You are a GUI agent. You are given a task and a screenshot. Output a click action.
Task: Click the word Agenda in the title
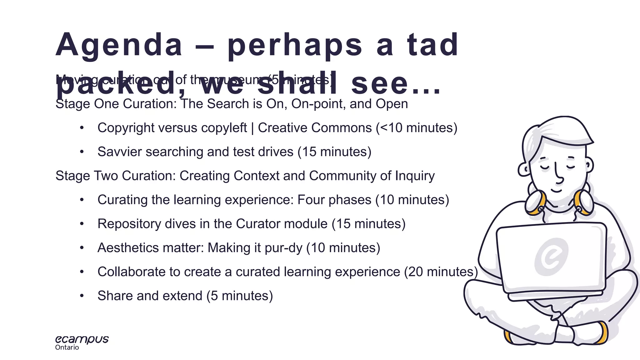[119, 45]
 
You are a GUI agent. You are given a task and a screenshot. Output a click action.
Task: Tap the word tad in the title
[432, 45]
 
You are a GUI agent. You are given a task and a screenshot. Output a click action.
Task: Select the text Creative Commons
[315, 128]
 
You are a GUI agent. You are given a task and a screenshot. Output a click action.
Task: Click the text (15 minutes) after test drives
[334, 152]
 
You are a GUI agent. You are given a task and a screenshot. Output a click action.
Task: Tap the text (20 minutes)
[441, 272]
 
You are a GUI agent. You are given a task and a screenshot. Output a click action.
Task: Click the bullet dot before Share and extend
[82, 296]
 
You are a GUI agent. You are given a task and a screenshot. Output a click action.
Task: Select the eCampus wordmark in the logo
[82, 339]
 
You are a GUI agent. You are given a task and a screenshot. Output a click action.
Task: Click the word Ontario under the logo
[67, 347]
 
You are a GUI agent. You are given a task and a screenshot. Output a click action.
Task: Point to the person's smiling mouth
[557, 190]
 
